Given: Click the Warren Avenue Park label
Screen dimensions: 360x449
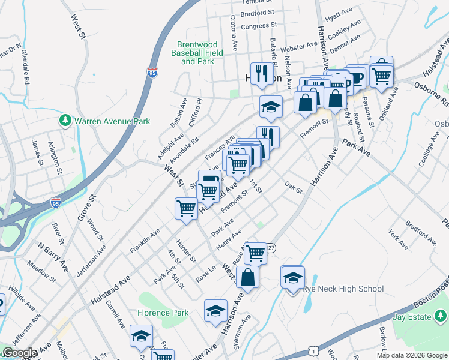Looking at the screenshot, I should tap(112, 121).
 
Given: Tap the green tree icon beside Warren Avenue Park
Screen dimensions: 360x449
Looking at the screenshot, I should tap(65, 121).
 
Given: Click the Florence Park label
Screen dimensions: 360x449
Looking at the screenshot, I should tap(163, 313).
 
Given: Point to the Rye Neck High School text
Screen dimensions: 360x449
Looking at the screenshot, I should tap(343, 289).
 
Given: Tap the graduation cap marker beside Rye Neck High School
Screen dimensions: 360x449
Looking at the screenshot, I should tap(292, 278).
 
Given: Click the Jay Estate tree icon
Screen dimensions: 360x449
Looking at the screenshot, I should tap(441, 316).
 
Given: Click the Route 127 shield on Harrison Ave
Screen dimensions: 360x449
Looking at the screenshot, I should tap(271, 248).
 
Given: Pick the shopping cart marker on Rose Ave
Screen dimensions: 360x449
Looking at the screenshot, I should tap(256, 253).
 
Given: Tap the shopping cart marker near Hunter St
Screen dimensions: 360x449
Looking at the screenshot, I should tap(186, 208).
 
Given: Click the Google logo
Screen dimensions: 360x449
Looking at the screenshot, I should tap(20, 353).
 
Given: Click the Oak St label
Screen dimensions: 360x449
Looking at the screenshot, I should tap(293, 188).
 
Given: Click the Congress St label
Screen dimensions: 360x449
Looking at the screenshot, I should tap(258, 26).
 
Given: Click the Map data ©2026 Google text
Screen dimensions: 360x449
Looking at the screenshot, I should tap(411, 355).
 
